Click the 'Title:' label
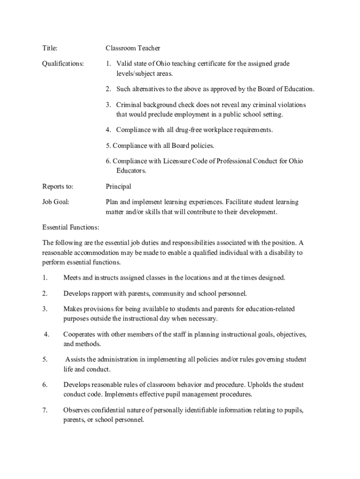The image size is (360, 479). click(x=50, y=48)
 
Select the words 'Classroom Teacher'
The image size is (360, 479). click(x=133, y=48)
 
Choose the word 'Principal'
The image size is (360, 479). click(x=118, y=187)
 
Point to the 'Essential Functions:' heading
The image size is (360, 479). click(x=71, y=227)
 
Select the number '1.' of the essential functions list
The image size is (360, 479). click(x=45, y=278)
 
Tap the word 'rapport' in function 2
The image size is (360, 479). click(x=105, y=293)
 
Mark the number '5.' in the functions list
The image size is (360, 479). click(x=45, y=359)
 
